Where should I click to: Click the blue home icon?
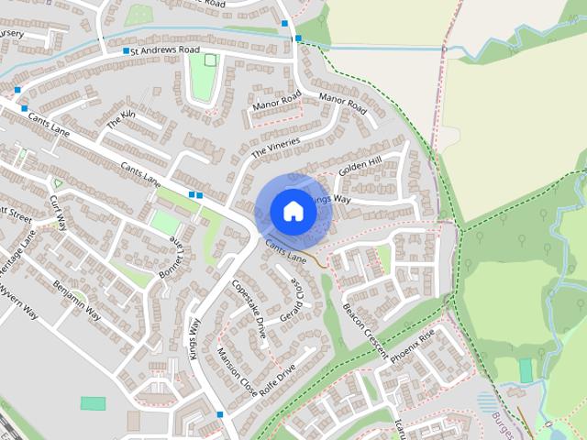coord(293,211)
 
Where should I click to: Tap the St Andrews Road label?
coord(165,50)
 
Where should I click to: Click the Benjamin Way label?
coord(77,300)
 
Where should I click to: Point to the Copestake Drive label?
coord(249,311)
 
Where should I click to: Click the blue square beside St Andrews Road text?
coord(126,51)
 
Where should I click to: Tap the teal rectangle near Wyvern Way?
coord(93,403)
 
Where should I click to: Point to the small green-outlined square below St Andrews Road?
coord(211,60)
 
